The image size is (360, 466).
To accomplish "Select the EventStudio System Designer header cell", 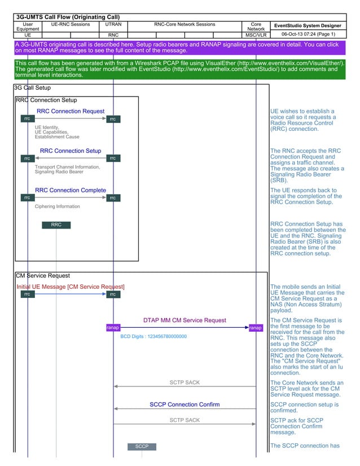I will pos(308,25).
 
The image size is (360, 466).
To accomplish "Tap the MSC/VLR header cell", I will pos(256,35).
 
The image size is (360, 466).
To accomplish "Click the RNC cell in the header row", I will pos(113,35).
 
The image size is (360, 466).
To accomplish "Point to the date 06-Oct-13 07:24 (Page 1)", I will pos(308,34).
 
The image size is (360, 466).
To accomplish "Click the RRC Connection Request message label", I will pos(71,111).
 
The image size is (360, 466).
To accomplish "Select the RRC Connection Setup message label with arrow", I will pos(71,151).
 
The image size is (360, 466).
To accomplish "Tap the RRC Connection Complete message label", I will pos(71,190).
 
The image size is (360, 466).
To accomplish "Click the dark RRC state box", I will pos(56,225).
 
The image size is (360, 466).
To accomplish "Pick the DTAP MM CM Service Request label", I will pos(185,320).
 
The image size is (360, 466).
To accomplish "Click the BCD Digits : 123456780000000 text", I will pos(153,336).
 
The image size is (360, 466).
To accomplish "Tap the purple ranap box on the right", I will pos(256,328).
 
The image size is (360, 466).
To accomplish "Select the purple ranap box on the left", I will pos(113,328).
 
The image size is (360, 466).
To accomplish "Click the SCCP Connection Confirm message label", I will pos(185,405).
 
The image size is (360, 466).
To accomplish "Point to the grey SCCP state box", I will pos(142,446).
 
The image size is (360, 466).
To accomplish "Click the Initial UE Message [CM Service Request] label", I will pos(71,287).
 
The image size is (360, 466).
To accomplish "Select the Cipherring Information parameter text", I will pos(58,206).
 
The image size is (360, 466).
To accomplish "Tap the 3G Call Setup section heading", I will pos(32,88).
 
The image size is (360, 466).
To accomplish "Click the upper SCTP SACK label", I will pos(185,383).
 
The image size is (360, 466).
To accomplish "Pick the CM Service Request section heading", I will pos(43,275).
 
